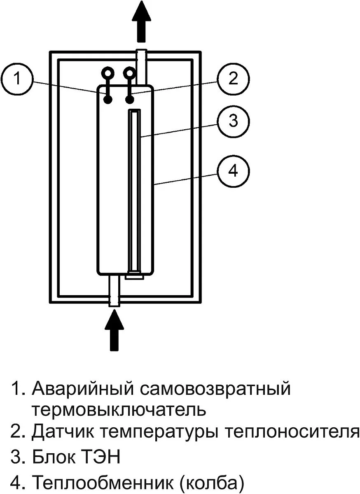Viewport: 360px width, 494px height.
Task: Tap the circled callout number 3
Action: pyautogui.click(x=233, y=121)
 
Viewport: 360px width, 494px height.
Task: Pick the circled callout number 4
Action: pyautogui.click(x=233, y=170)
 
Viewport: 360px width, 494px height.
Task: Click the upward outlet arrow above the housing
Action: pyautogui.click(x=141, y=21)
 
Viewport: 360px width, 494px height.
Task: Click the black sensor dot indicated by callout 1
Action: pyautogui.click(x=108, y=99)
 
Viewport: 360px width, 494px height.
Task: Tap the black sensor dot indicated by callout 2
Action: pyautogui.click(x=130, y=99)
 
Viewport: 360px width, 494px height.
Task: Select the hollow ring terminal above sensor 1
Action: pyautogui.click(x=108, y=73)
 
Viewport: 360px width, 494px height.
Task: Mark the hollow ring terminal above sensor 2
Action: pyautogui.click(x=130, y=73)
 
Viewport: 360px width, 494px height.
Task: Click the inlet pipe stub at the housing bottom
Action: pyautogui.click(x=114, y=291)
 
